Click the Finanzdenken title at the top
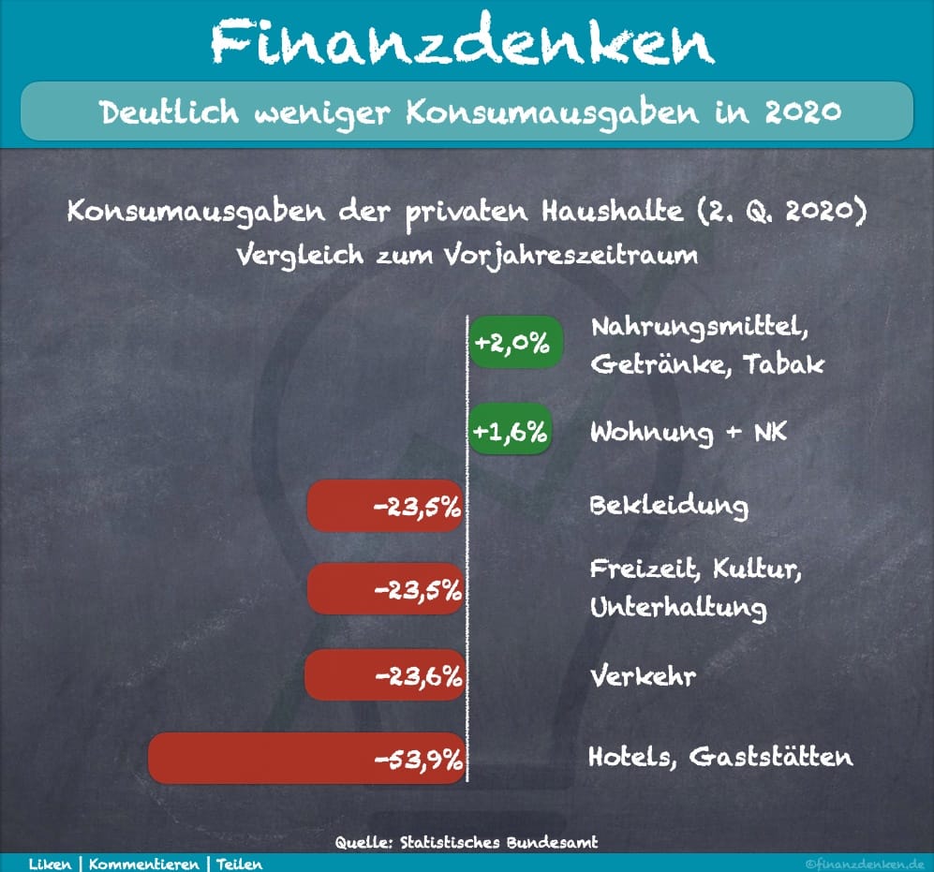tap(461, 42)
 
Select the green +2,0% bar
tap(514, 343)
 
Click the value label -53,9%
tap(419, 759)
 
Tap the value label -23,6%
tap(419, 675)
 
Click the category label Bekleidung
tap(669, 506)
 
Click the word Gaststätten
tap(770, 757)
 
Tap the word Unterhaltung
tap(677, 608)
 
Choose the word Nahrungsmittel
tap(696, 328)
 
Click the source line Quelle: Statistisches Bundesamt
tap(467, 842)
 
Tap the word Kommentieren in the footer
tap(146, 864)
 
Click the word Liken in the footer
tap(50, 864)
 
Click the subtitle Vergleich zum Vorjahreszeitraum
tap(467, 255)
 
